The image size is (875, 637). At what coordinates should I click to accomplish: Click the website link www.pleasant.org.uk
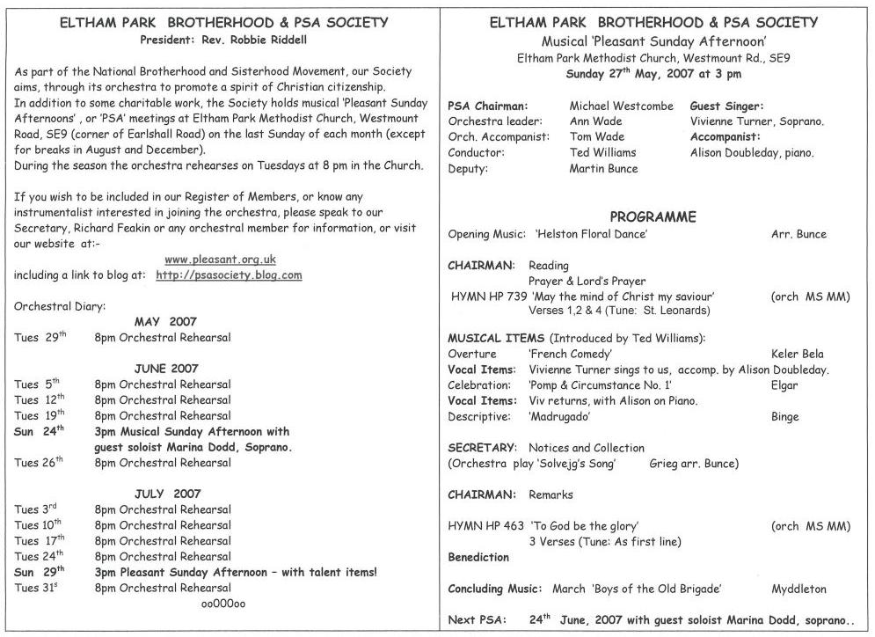click(x=220, y=260)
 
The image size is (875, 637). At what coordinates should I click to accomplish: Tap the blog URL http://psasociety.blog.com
click(x=229, y=275)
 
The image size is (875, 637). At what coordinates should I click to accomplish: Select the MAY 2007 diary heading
click(x=165, y=322)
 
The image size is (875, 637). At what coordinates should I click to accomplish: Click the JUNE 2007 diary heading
click(x=166, y=369)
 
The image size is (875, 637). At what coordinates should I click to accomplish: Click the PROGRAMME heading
click(x=653, y=216)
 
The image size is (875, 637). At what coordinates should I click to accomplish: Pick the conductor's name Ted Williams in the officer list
click(x=602, y=152)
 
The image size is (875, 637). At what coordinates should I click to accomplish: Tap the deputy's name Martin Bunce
click(x=603, y=168)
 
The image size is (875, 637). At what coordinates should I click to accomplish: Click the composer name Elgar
click(x=784, y=385)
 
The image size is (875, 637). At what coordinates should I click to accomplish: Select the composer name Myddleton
click(x=798, y=589)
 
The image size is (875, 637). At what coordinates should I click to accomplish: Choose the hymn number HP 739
click(x=509, y=297)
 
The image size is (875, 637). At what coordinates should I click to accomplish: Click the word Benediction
click(x=478, y=557)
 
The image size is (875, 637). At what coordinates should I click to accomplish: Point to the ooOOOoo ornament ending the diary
click(x=223, y=604)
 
